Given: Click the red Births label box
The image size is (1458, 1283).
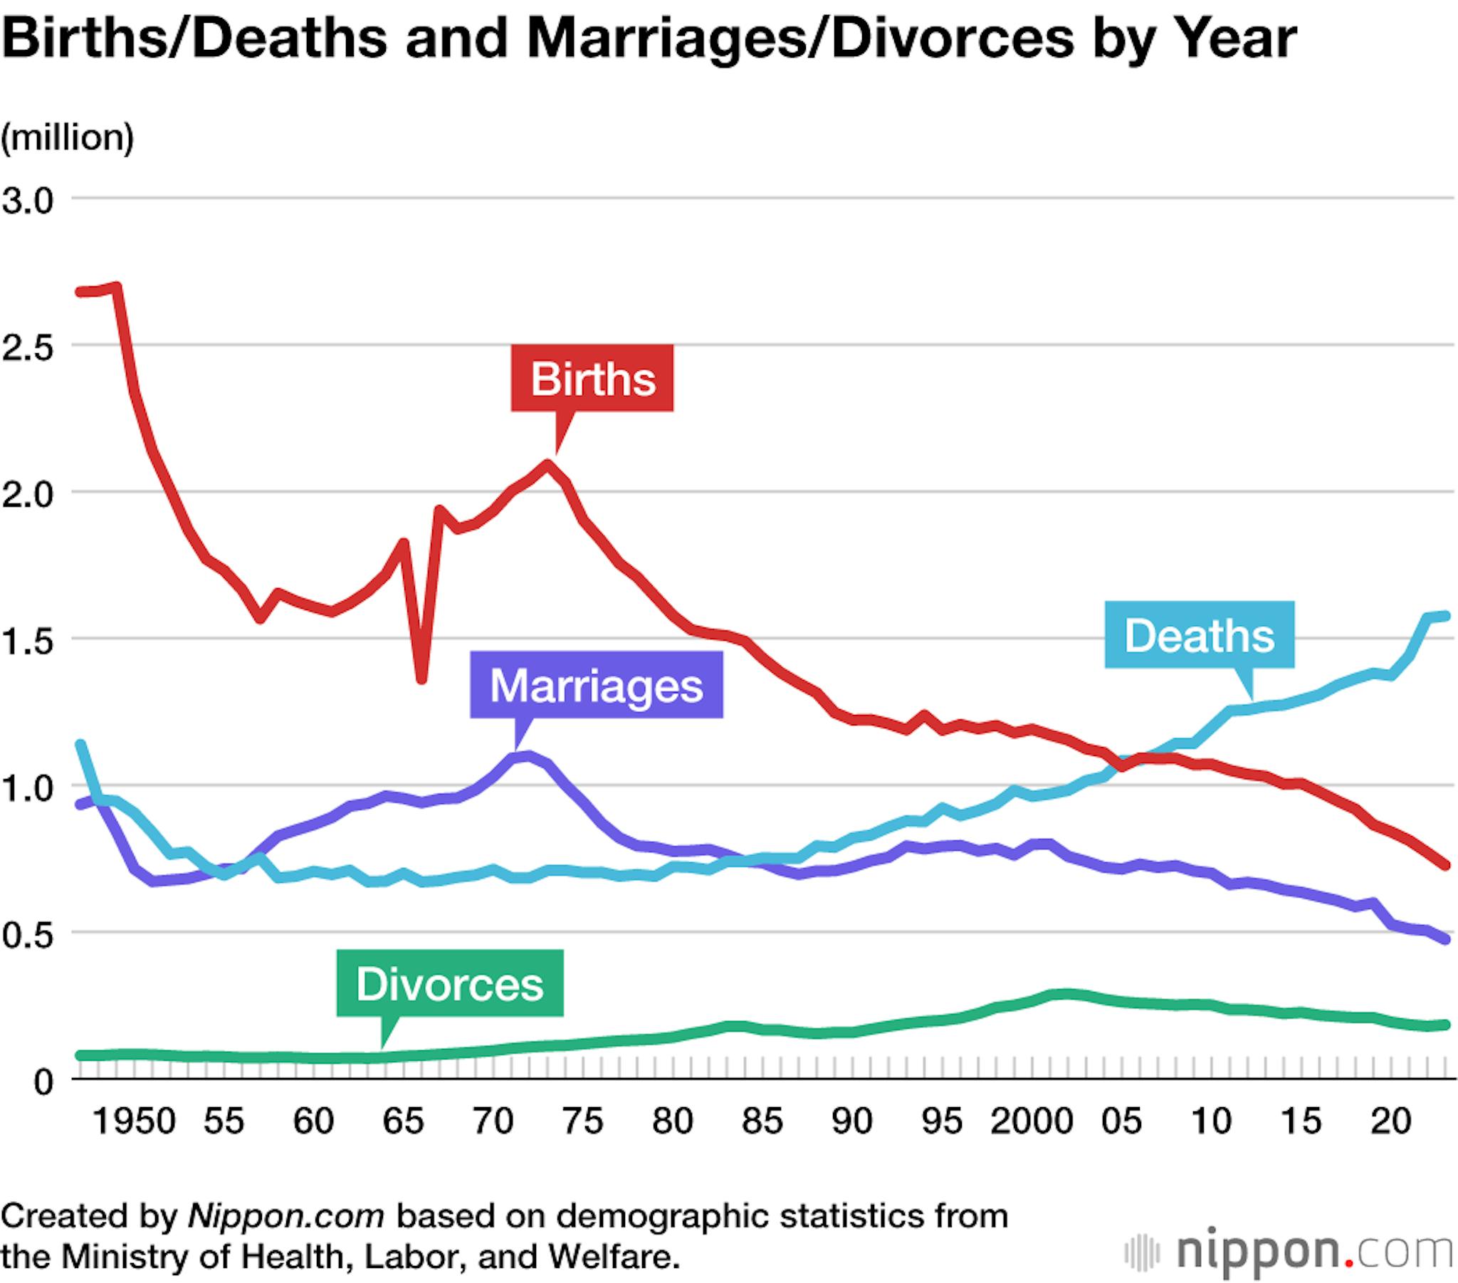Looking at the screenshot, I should tap(592, 378).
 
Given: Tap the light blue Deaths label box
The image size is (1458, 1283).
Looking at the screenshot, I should tap(1199, 635).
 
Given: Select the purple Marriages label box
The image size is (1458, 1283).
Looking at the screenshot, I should tap(597, 685).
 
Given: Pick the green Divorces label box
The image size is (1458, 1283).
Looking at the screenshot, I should tap(449, 984).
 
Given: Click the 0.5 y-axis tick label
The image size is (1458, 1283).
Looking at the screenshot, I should tap(27, 936).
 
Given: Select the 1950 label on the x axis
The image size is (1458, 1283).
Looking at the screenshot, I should tap(134, 1120).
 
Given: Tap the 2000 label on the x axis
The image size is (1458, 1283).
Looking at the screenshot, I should tap(1032, 1120).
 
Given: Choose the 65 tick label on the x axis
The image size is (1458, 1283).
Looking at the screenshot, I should tap(403, 1120).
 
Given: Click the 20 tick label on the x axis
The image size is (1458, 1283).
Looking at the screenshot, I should tap(1391, 1120).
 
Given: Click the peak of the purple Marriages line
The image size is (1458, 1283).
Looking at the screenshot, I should tap(526, 755).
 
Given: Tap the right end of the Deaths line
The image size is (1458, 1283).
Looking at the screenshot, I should tap(1447, 616).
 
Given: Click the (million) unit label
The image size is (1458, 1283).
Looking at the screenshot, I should tap(68, 137).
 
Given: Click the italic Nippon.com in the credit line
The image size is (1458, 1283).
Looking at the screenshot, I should tap(286, 1215).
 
